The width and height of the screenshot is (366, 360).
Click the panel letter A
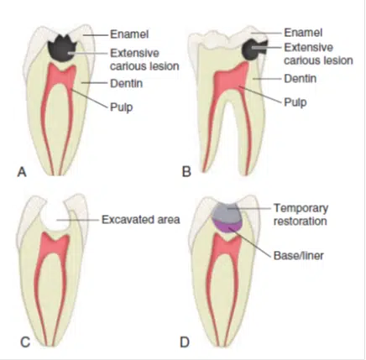[22, 172]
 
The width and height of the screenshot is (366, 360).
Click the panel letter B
[186, 171]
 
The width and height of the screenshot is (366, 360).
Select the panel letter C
[25, 342]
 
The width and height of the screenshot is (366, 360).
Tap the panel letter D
[185, 342]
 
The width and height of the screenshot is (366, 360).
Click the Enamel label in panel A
[129, 34]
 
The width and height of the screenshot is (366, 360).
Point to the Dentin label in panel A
[127, 83]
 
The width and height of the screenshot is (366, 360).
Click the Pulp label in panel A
[122, 107]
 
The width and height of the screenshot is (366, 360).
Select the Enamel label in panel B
[303, 33]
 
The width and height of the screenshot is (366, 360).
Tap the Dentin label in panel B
[301, 79]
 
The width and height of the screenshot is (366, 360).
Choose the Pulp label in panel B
[295, 102]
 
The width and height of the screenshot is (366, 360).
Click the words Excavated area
[141, 220]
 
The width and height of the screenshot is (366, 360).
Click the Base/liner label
[299, 255]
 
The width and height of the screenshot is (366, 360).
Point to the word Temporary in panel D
[301, 208]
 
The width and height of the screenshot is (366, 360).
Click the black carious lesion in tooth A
[62, 50]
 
